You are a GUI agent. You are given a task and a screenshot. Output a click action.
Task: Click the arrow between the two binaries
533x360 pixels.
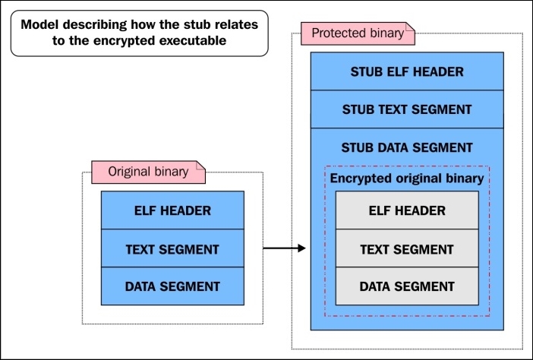click(x=284, y=248)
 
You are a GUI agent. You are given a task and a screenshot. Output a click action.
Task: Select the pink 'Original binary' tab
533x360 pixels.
click(x=148, y=172)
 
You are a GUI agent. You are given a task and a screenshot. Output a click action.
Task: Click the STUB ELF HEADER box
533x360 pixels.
click(x=406, y=72)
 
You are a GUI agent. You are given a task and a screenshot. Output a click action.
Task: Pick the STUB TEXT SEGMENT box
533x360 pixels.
click(x=406, y=110)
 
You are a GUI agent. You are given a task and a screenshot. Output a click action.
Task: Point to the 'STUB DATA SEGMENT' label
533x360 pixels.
click(x=406, y=147)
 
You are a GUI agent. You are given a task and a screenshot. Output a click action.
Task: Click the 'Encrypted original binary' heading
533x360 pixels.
click(x=406, y=178)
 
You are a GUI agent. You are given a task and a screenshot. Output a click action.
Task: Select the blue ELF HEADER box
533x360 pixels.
click(x=172, y=210)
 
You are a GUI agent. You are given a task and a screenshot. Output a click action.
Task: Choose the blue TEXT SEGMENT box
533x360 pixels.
click(x=172, y=248)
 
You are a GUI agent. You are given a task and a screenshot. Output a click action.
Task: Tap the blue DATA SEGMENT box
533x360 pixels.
click(x=172, y=286)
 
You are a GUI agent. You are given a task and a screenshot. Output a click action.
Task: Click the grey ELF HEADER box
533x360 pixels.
click(x=406, y=210)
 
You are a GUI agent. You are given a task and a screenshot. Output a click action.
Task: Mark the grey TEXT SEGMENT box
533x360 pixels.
click(x=406, y=248)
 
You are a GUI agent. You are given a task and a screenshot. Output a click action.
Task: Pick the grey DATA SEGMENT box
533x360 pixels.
click(x=406, y=286)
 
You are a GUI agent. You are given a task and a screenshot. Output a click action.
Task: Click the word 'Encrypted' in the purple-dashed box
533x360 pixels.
click(x=360, y=178)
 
